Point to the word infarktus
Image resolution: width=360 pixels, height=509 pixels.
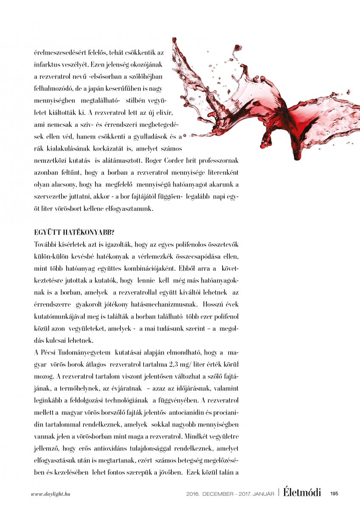[x=48, y=66]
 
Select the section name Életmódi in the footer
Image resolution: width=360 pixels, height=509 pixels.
[x=302, y=492]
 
